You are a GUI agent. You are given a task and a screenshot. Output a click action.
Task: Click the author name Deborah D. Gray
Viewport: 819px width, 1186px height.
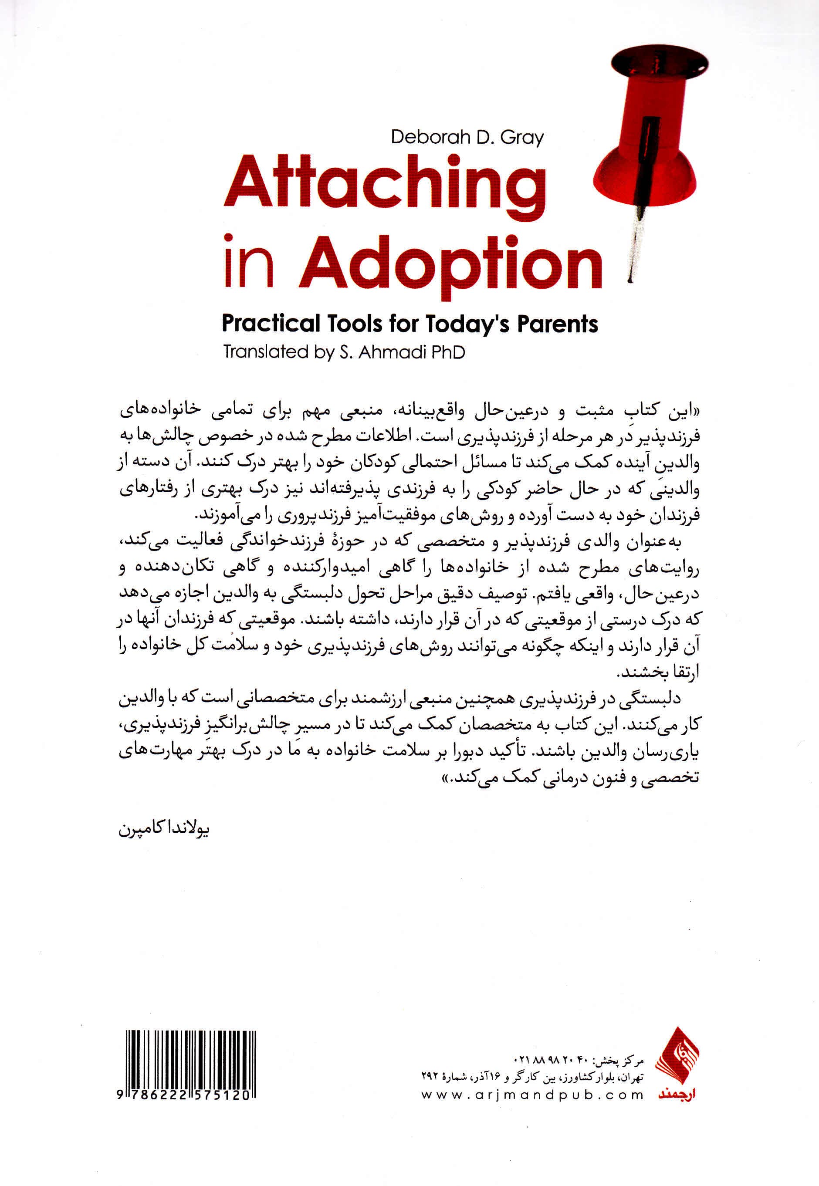pos(467,138)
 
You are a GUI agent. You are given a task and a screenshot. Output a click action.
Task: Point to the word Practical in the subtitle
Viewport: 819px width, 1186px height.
pos(271,324)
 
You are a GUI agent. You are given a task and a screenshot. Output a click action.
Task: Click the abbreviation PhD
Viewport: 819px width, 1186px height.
pos(447,352)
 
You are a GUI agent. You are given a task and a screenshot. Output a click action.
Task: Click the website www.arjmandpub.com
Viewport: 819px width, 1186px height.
pos(532,1095)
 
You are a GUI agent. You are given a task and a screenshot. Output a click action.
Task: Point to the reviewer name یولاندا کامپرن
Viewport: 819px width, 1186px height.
pos(164,829)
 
